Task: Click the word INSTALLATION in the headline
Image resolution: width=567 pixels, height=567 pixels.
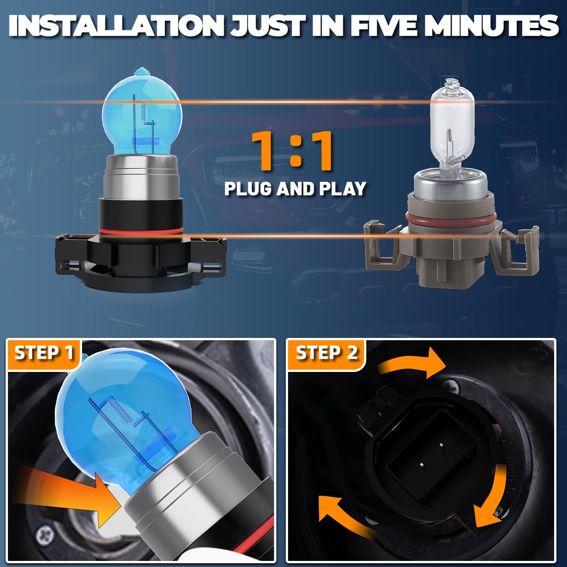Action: [x=116, y=26]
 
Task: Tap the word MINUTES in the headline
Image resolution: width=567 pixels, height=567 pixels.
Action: [x=491, y=26]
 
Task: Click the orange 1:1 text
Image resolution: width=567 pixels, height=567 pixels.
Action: [x=292, y=150]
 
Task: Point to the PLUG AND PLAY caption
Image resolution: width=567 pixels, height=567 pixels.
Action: [x=295, y=189]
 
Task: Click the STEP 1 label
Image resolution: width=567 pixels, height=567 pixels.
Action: [x=43, y=353]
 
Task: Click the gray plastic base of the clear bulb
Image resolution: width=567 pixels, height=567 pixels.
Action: [x=452, y=246]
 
